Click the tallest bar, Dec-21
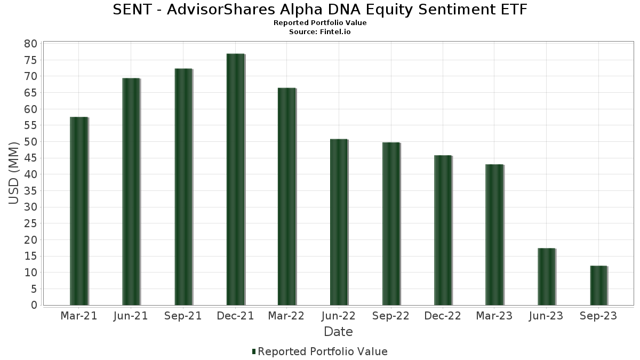pyautogui.click(x=235, y=179)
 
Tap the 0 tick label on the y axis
pyautogui.click(x=34, y=305)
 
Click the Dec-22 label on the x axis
pyautogui.click(x=443, y=316)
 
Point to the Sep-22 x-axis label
pyautogui.click(x=391, y=316)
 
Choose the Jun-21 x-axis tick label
pyautogui.click(x=131, y=316)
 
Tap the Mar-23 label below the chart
pyautogui.click(x=494, y=316)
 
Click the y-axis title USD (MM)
pyautogui.click(x=14, y=173)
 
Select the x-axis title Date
pyautogui.click(x=338, y=332)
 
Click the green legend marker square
pyautogui.click(x=254, y=351)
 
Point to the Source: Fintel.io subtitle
pyautogui.click(x=320, y=31)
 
